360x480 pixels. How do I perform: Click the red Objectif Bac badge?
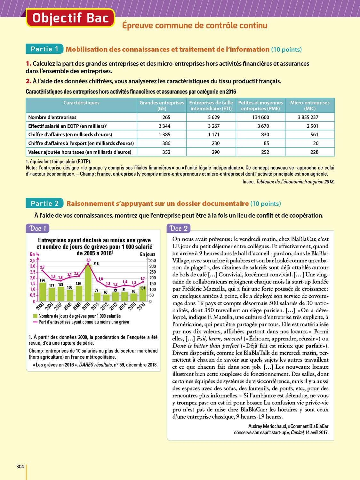tap(70, 18)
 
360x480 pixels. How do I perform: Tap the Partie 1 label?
tap(44, 49)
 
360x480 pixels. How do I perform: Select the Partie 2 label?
tap(44, 204)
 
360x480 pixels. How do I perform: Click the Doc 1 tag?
tap(38, 228)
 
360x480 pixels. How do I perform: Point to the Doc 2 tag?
tap(179, 228)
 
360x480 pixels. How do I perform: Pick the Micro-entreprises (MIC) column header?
tap(309, 106)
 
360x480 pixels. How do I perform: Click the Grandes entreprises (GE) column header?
tap(162, 106)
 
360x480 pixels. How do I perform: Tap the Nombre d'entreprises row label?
tap(52, 117)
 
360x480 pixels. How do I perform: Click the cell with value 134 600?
tap(260, 117)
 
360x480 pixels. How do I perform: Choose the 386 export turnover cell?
tap(166, 143)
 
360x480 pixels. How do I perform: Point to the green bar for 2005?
tap(43, 292)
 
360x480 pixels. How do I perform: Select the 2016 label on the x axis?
tap(141, 306)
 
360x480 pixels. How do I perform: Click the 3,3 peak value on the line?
tap(88, 260)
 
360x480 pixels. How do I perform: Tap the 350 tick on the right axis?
tap(153, 261)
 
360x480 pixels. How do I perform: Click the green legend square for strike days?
tap(35, 316)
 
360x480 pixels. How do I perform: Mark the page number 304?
tap(20, 467)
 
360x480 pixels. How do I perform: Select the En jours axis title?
tap(148, 254)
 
